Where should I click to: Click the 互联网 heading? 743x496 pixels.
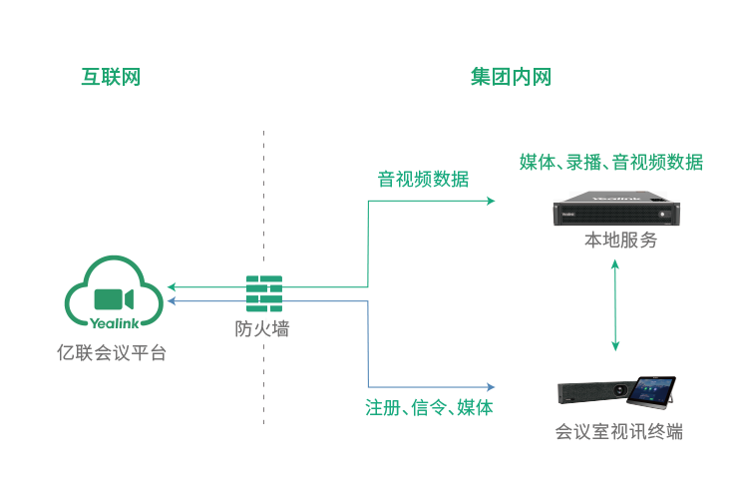110,78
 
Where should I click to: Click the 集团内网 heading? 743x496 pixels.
511,78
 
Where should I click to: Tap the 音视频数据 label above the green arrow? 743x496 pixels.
423,180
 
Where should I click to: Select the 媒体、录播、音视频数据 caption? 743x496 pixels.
610,162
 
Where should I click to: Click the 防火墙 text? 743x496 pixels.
262,328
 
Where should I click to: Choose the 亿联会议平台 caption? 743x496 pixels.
112,352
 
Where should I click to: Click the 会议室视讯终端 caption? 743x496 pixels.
618,432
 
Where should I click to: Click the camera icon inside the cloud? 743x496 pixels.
114,299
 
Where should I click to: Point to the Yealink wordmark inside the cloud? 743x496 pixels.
115,322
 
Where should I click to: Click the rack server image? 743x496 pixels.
616,210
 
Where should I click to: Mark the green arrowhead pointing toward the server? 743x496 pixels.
490,202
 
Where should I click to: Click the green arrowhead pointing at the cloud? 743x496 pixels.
172,287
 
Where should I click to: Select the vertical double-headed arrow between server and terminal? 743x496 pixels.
615,308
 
